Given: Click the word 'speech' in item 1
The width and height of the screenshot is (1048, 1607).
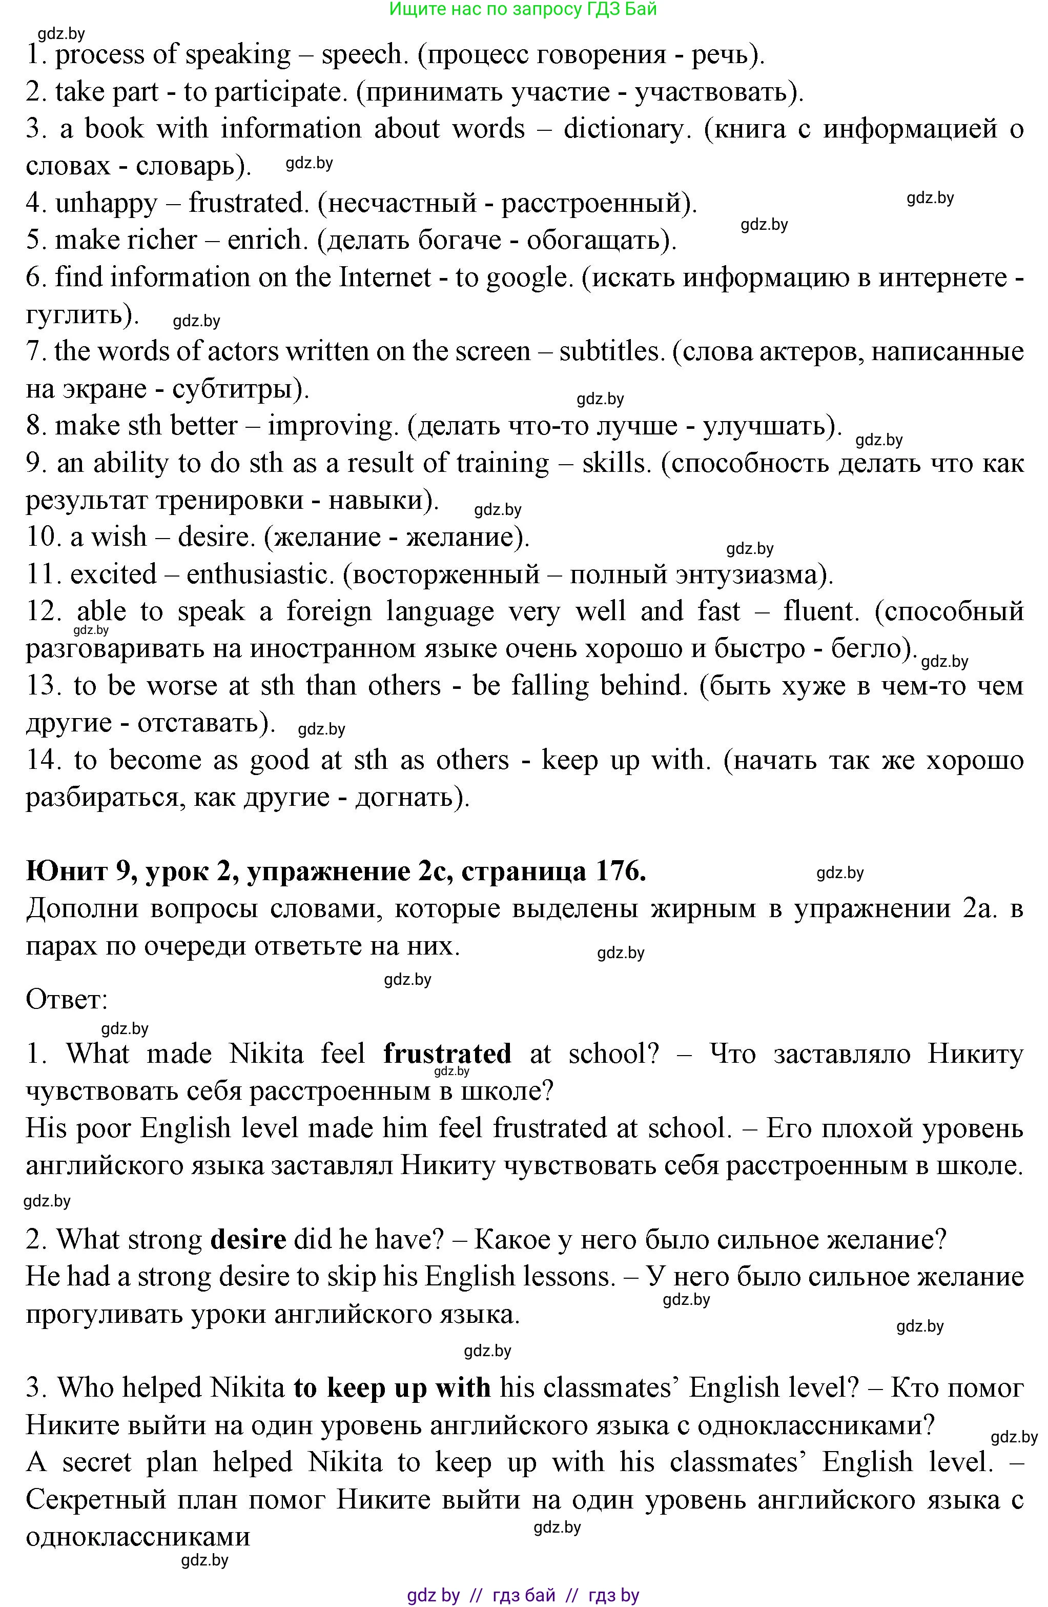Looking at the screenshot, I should [362, 55].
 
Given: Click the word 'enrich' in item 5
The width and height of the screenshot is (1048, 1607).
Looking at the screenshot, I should [264, 241].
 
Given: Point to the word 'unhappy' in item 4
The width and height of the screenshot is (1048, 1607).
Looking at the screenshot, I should [106, 203].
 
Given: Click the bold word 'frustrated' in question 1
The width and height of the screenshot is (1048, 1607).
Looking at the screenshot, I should [447, 1054].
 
